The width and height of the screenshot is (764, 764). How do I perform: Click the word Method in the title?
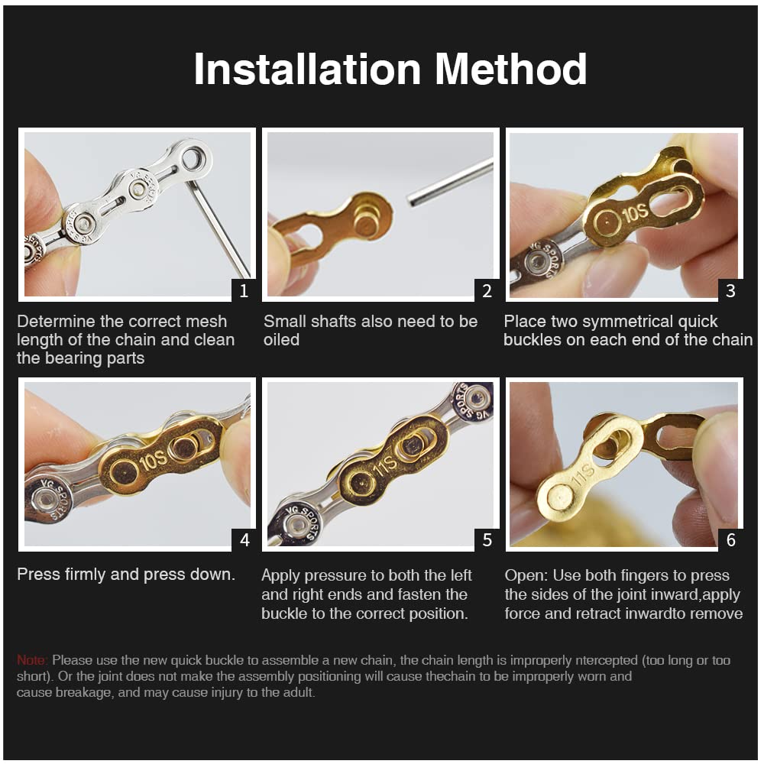511,69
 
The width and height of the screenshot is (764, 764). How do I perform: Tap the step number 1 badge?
244,290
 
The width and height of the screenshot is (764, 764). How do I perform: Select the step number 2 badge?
487,290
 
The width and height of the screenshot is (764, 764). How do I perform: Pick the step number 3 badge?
730,290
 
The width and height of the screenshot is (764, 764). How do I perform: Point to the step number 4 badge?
244,540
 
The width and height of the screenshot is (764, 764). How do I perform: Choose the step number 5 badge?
487,540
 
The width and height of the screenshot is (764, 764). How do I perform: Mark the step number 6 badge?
730,540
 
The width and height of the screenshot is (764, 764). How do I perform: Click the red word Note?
32,660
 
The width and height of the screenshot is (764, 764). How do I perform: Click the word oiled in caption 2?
282,340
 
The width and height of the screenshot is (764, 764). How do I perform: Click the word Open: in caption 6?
526,575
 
